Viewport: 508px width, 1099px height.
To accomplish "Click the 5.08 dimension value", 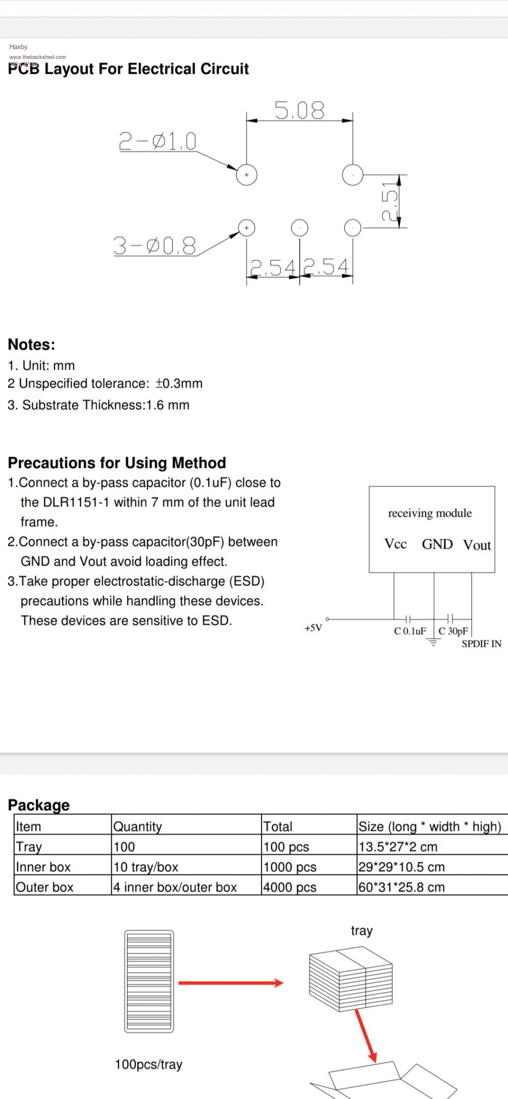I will tap(300, 110).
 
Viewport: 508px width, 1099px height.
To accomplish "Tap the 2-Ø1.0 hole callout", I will tap(158, 141).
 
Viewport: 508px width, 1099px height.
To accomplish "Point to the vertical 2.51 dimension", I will tap(390, 201).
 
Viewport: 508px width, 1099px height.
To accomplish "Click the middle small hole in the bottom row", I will tap(300, 228).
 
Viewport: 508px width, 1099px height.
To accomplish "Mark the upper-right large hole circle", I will tap(353, 175).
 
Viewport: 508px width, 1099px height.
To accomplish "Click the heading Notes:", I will tap(32, 345).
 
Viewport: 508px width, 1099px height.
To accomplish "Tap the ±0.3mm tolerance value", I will tap(179, 384).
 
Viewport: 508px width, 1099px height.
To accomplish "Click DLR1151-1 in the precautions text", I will tap(76, 502).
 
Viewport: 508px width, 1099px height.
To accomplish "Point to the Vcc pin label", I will tap(395, 544).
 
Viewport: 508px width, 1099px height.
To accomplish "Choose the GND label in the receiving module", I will tap(437, 545).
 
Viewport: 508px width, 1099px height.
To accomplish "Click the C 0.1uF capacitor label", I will tap(410, 631).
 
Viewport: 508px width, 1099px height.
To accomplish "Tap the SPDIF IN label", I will tap(481, 644).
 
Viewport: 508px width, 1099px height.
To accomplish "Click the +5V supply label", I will tap(313, 628).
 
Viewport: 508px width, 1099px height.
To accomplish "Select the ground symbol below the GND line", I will tap(434, 643).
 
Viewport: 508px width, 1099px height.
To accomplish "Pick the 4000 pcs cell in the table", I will tap(290, 887).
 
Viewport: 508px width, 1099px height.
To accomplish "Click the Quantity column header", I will tap(138, 826).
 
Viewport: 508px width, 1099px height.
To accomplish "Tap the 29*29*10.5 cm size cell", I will tap(401, 867).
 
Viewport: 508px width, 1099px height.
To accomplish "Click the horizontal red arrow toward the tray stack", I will tap(231, 983).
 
